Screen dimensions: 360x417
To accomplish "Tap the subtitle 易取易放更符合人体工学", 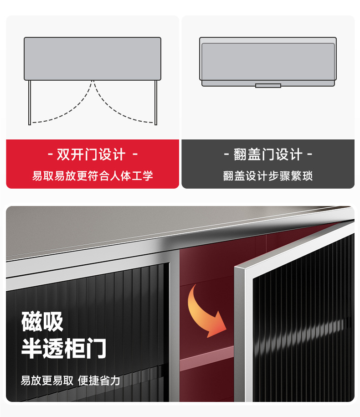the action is coord(93,176).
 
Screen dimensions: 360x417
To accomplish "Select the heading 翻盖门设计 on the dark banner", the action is coord(268,155).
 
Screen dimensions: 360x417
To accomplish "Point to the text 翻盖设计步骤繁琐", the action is coord(268,176).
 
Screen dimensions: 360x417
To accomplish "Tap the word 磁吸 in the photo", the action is coord(42,322).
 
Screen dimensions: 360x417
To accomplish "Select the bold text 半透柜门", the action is coord(64,349).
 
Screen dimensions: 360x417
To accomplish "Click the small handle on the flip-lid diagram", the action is coord(268,86).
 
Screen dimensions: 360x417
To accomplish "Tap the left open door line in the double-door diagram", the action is coord(30,102).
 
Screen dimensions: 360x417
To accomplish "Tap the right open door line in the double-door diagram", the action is coord(156,102).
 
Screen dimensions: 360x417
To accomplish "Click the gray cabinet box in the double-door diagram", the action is coord(93,58).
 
